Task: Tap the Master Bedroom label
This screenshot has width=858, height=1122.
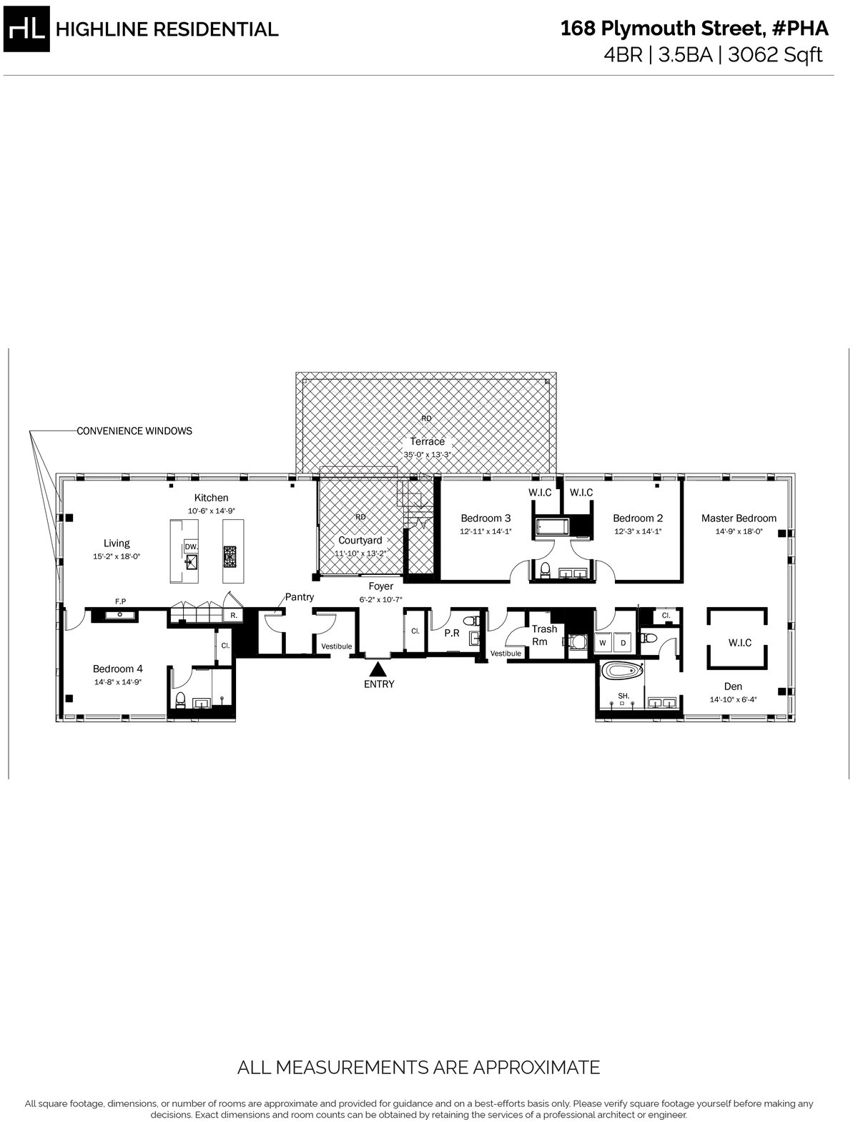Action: (x=739, y=518)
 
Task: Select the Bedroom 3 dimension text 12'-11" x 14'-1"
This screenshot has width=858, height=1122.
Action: (x=485, y=531)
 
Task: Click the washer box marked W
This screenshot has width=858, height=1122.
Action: (x=603, y=643)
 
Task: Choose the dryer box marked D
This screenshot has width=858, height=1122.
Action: (x=623, y=643)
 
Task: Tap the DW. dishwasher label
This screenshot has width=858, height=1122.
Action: (x=191, y=547)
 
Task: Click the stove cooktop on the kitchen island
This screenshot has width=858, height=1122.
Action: (x=230, y=556)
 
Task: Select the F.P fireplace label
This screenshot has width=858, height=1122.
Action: (x=120, y=601)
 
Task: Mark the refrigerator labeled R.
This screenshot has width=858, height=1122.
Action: (x=234, y=616)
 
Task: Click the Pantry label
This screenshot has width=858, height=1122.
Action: (x=300, y=596)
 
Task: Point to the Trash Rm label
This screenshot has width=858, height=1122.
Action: (x=543, y=635)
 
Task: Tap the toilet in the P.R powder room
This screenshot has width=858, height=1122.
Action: (x=470, y=621)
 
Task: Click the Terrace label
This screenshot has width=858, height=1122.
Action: (x=427, y=441)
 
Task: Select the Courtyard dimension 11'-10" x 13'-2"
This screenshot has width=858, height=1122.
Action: (x=360, y=553)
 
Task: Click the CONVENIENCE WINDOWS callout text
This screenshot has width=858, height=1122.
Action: (x=134, y=431)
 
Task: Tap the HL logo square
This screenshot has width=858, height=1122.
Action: (x=26, y=29)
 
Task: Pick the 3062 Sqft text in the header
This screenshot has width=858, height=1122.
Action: (x=775, y=54)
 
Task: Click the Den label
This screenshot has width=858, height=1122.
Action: (x=733, y=687)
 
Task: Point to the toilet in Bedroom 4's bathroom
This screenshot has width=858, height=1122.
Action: (x=180, y=699)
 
